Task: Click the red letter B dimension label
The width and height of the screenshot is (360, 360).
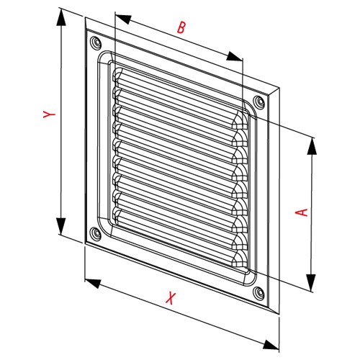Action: (181, 27)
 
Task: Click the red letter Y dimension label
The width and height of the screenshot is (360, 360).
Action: (50, 114)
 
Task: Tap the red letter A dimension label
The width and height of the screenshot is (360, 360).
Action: (302, 212)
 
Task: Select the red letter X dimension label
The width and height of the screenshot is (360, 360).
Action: (170, 298)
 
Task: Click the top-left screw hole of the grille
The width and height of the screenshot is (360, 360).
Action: (96, 43)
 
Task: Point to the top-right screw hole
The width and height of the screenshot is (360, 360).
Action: (258, 102)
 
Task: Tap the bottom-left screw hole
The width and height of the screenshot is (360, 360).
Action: (96, 233)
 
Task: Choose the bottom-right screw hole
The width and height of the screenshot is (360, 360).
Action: (258, 292)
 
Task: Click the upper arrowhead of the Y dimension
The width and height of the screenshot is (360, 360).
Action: (61, 17)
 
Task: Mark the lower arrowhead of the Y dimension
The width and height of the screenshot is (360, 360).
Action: (61, 226)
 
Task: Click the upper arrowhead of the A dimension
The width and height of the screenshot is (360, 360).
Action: (312, 146)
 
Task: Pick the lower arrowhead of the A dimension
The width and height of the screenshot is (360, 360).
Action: (312, 282)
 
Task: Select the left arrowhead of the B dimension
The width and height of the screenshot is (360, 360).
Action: (124, 19)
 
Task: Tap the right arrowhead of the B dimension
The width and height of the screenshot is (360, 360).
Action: (234, 57)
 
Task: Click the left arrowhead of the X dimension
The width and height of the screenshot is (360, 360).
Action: (93, 283)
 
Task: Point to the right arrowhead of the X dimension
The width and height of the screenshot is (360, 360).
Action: (271, 345)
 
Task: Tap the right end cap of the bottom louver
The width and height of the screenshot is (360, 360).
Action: (240, 258)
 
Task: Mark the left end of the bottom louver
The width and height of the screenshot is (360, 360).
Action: (117, 215)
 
